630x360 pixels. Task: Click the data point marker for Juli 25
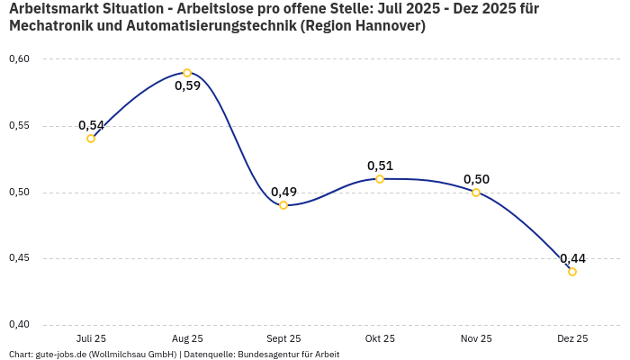coord(91,139)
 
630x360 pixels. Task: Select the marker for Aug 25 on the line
coord(187,73)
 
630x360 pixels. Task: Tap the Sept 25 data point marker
coord(283,205)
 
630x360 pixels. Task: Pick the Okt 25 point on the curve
coord(380,179)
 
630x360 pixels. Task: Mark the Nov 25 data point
coord(476,193)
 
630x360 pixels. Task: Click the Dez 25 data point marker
coord(572,272)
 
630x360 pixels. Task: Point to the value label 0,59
coord(187,86)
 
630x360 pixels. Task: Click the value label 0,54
coord(91,125)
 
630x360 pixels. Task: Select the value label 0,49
coord(283,192)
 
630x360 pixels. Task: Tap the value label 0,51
coord(380,166)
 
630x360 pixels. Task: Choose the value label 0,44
coord(572,258)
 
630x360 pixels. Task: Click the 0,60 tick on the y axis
coord(19,59)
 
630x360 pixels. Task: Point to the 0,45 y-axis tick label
coord(19,258)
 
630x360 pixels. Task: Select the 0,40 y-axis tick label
coord(19,325)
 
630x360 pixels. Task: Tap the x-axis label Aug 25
coord(187,339)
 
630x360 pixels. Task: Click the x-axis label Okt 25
coord(380,339)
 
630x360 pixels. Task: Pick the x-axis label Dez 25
coord(572,339)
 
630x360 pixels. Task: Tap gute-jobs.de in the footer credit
coord(62,355)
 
